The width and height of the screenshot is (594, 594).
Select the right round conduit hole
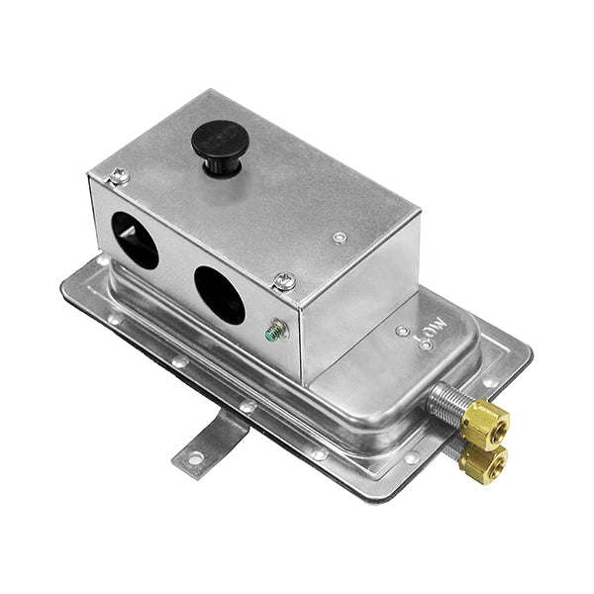[x=219, y=295]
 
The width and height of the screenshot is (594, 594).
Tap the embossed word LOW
[x=432, y=325]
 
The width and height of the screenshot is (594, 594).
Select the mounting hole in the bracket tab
[x=194, y=457]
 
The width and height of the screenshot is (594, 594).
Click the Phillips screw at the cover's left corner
[x=120, y=176]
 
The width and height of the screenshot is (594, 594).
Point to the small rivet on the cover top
[x=340, y=238]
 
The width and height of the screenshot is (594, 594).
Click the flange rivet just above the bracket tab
[x=248, y=406]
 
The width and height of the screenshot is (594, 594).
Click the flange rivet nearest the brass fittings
[x=411, y=457]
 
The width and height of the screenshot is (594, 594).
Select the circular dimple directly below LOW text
[x=426, y=346]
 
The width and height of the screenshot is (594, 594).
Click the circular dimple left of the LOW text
[x=402, y=332]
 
